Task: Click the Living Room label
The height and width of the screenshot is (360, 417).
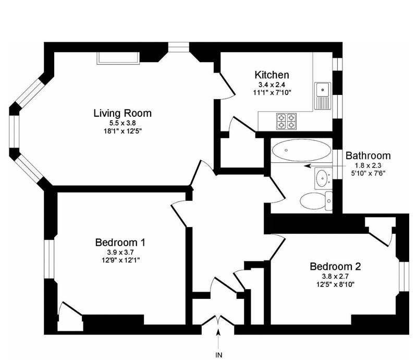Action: (x=122, y=113)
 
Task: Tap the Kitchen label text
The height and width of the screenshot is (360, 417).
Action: (x=272, y=75)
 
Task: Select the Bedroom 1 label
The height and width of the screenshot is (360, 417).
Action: (x=120, y=243)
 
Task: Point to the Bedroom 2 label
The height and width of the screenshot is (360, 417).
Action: (x=335, y=267)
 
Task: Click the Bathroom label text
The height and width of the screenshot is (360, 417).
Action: (x=368, y=155)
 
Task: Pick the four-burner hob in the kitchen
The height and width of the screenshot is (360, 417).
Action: (x=286, y=121)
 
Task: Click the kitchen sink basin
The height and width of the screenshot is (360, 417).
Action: (x=323, y=89)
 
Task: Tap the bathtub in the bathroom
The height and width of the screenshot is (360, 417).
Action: (x=301, y=150)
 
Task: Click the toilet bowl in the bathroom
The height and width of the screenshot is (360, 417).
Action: (x=312, y=201)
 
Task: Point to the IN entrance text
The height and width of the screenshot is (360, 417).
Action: (x=218, y=355)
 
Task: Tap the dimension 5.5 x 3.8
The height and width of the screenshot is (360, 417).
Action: (x=122, y=123)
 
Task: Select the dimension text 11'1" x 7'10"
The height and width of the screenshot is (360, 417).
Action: (x=272, y=93)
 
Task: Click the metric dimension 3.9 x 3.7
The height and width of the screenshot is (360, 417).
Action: (x=120, y=252)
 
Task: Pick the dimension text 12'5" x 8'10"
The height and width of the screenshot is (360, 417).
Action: (x=335, y=284)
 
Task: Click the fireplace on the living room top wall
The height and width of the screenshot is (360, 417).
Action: (x=118, y=58)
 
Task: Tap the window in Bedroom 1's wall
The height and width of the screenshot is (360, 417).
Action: (x=49, y=259)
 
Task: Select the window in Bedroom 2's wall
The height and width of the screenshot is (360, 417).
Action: (x=404, y=277)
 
